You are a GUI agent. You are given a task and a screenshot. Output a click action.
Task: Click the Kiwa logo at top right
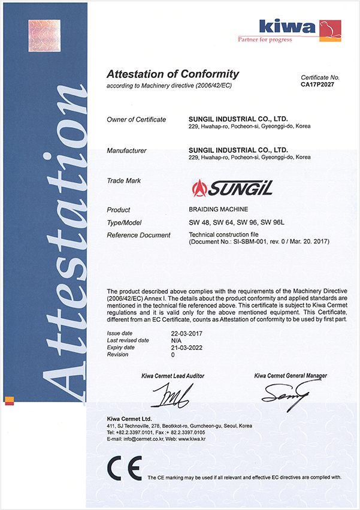tap(300, 28)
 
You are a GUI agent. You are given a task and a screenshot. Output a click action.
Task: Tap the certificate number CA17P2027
tap(320, 85)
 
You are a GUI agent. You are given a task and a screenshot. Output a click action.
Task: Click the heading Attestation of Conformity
tap(173, 74)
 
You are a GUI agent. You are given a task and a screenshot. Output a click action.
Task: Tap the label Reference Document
tap(139, 235)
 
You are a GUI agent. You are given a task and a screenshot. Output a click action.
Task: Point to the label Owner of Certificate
tap(136, 120)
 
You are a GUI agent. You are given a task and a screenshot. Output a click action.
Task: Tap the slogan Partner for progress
tap(265, 40)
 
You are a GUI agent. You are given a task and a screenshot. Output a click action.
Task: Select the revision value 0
tap(173, 355)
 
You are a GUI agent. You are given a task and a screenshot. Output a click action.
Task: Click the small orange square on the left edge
tap(9, 400)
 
